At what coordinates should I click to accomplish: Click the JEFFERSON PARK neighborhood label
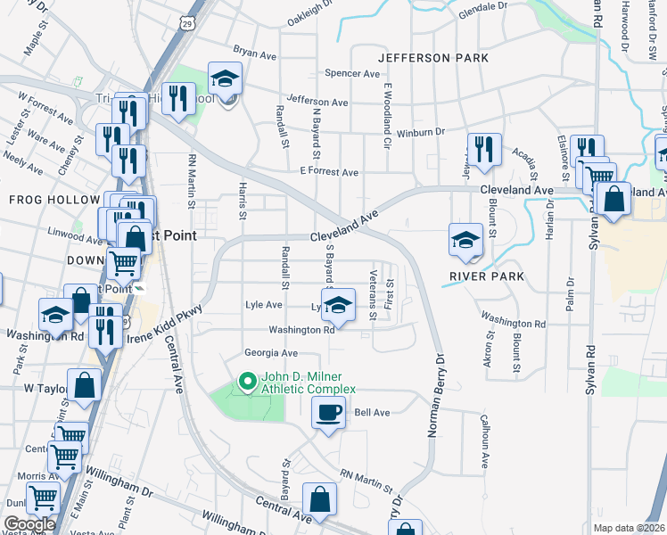coord(433,58)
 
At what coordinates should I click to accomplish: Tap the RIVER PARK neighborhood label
coord(483,276)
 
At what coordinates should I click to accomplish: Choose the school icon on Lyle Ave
coord(337,306)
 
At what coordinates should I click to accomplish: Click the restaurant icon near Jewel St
coord(484,150)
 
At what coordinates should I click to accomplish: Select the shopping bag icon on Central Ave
coord(319,500)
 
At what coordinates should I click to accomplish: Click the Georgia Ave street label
coord(271,353)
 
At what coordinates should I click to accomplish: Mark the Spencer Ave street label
coord(352,74)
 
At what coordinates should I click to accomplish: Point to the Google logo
coord(29,524)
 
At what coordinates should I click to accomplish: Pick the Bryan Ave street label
coord(254,53)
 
